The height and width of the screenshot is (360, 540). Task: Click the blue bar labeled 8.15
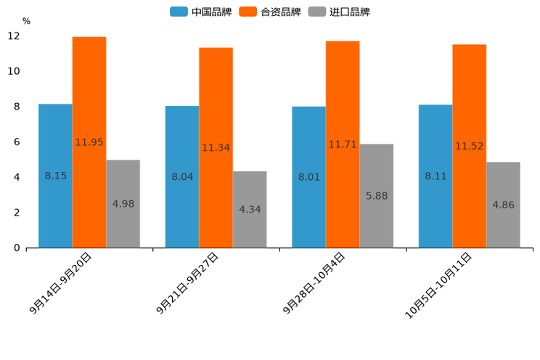point(55,176)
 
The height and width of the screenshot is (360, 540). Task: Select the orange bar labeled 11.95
point(89,142)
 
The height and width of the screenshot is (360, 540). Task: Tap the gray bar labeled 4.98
point(123,204)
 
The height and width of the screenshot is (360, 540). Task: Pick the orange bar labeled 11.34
point(216,147)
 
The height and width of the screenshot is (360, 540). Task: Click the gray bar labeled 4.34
point(250,210)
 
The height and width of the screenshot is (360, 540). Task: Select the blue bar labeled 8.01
point(308,177)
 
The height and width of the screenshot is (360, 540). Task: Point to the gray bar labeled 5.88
point(376,196)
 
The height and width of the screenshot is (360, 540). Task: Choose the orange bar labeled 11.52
point(469,146)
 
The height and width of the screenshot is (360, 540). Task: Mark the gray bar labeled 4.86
point(503,205)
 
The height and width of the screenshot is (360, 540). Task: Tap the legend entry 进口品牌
point(340,12)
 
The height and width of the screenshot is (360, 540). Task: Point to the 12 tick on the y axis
point(14,36)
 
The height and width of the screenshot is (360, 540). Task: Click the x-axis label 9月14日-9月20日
point(62,282)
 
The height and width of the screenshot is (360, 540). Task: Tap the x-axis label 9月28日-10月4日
point(314,282)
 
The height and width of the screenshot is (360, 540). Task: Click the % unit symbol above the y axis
point(26,21)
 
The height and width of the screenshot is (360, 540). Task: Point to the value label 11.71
point(343,144)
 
